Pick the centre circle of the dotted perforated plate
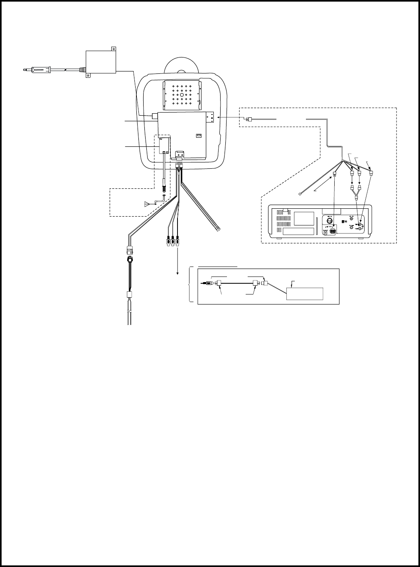[x=182, y=96]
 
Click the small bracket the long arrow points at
[x=212, y=117]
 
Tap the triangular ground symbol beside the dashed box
[x=147, y=205]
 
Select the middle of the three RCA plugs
[x=173, y=241]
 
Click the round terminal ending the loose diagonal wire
[x=300, y=194]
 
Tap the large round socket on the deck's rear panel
[x=330, y=220]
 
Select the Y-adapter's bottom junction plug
[x=356, y=199]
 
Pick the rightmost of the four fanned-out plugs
[x=371, y=173]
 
